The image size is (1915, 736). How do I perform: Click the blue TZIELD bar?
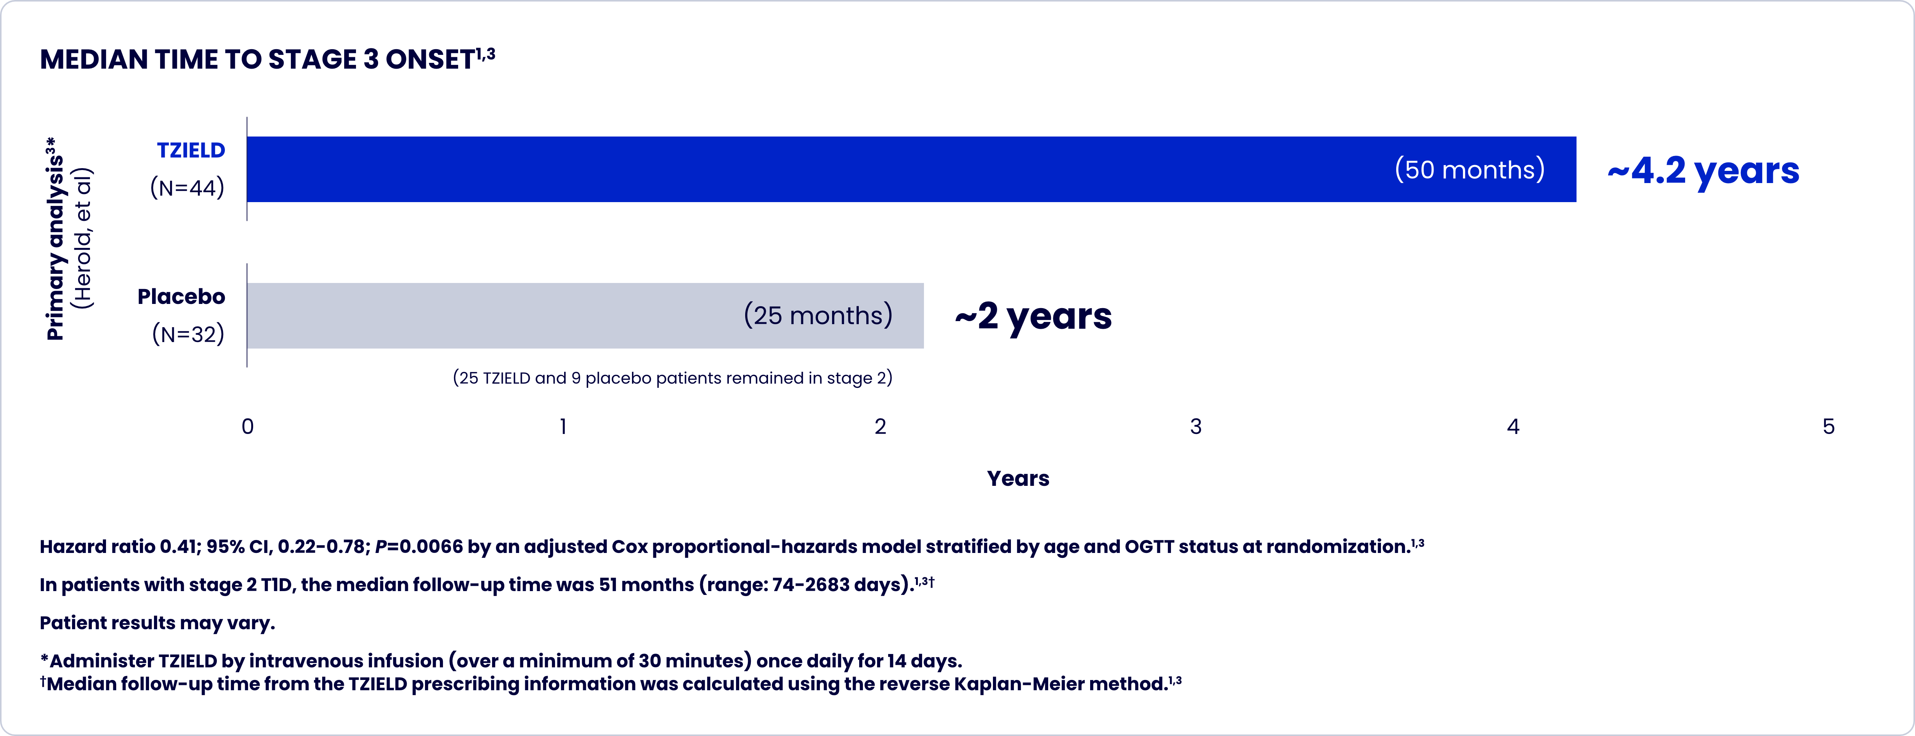coord(818,169)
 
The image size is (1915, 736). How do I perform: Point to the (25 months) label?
coord(818,315)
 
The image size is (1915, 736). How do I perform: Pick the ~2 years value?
coord(1033,316)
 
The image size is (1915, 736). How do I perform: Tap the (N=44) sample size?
coord(187,187)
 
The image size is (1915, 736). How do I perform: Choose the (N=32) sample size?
coord(188,334)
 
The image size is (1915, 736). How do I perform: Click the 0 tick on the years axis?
coord(247,427)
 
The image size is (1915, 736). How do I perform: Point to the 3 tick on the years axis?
coord(1195,427)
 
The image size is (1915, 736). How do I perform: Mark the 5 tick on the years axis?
coord(1828,427)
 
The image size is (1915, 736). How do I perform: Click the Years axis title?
coord(1018,478)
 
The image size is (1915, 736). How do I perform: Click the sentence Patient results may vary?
coord(157,623)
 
